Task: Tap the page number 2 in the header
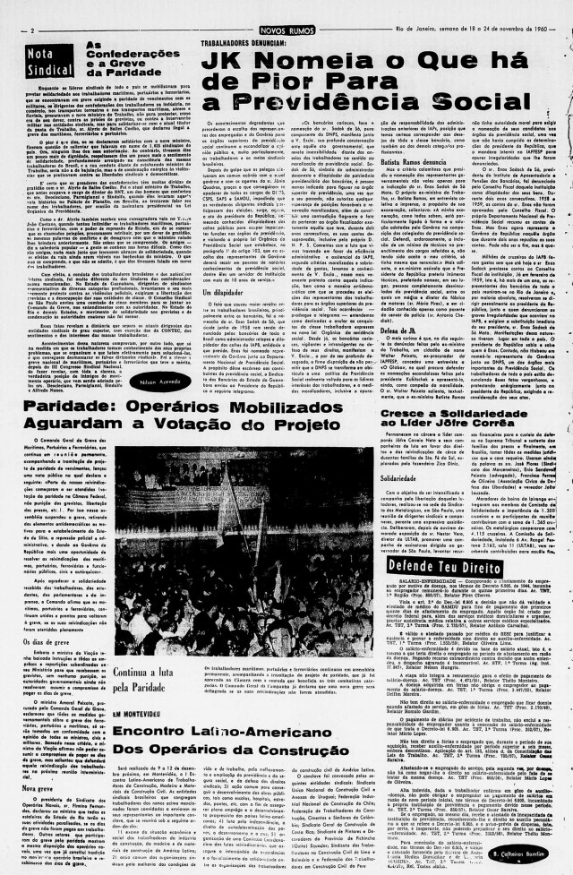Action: click(x=32, y=29)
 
